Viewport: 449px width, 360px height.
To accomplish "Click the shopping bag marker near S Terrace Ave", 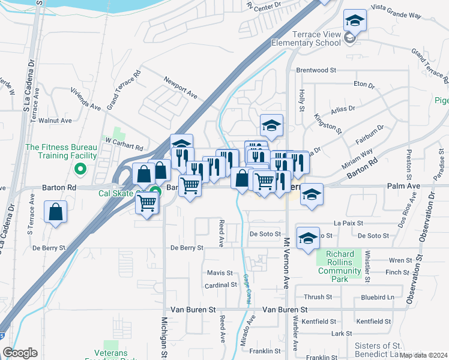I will click(55, 212).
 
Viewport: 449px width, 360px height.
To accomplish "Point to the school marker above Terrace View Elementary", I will click(355, 22).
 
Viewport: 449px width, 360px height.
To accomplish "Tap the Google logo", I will click(20, 353).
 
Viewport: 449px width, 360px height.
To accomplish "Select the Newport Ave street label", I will click(181, 87).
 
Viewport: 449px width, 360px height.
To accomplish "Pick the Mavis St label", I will click(220, 273).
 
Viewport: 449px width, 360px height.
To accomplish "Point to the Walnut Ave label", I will click(55, 121).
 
